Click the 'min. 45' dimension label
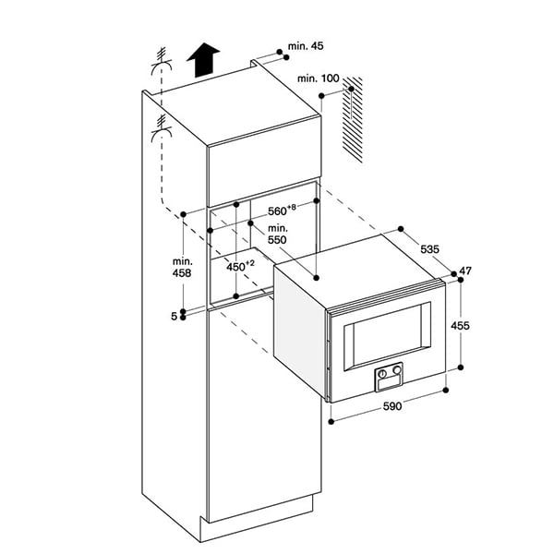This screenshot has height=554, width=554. tap(307, 45)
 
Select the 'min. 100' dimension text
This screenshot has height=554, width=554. tap(319, 78)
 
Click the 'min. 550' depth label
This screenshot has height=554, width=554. tap(278, 233)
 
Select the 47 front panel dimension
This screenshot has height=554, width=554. tap(465, 271)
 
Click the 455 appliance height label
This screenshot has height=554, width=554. tap(463, 325)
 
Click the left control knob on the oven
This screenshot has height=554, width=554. tap(381, 373)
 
